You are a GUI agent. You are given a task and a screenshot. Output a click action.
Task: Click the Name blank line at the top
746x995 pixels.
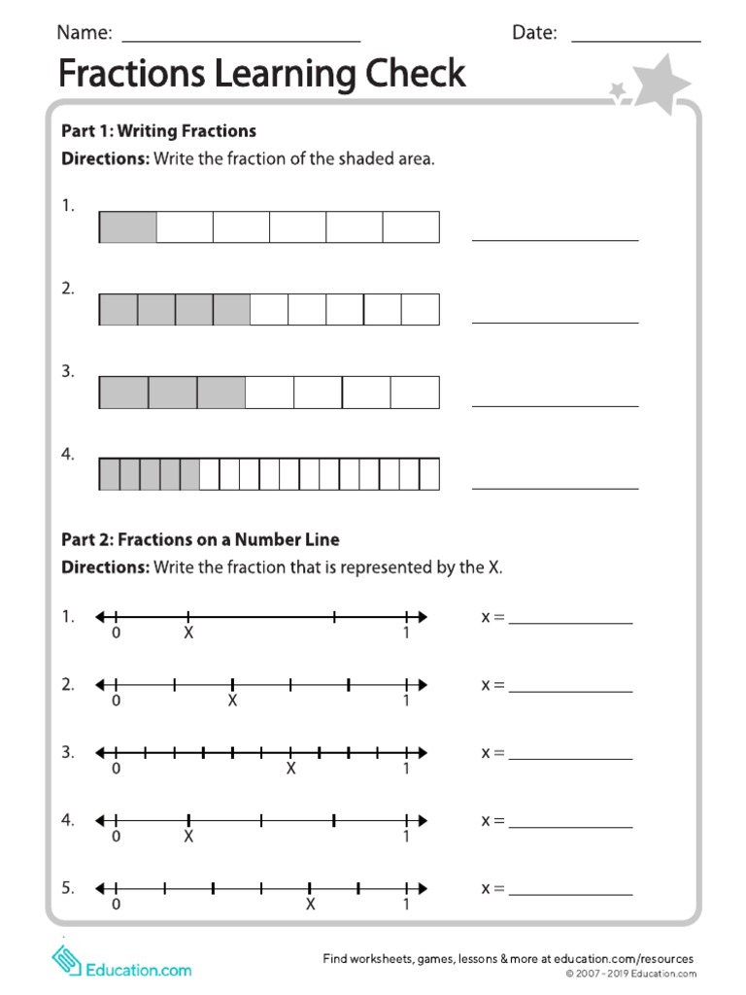pos(241,41)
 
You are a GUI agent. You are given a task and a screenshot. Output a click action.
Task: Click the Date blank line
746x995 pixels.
pos(635,41)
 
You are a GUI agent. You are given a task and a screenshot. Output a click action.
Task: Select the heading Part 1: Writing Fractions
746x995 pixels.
pos(158,130)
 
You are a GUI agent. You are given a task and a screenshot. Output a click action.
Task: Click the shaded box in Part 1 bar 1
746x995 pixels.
pos(127,227)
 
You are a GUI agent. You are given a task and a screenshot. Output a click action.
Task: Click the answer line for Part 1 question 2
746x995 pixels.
pos(555,321)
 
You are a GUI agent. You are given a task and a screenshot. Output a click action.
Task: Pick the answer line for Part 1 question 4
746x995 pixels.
pos(555,487)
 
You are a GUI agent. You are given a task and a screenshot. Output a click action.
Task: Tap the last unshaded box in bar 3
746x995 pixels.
pos(415,393)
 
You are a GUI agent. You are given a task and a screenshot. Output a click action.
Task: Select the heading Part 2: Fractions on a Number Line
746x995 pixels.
pos(200,539)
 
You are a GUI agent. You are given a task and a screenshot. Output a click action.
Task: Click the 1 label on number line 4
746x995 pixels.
pos(406,837)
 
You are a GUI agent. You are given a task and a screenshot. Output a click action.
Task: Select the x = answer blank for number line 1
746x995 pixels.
pos(570,623)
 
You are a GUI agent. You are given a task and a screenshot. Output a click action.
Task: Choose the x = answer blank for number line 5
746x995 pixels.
pos(570,894)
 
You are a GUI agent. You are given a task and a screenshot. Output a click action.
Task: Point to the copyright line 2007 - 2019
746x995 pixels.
pos(631,974)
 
